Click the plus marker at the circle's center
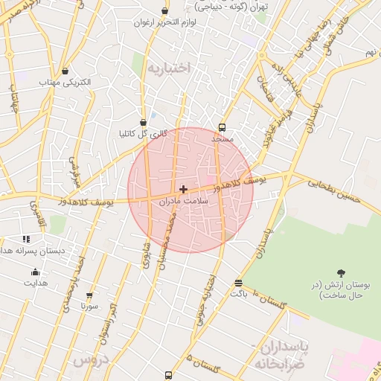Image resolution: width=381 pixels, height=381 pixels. point(183,190)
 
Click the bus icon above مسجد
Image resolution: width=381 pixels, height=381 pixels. point(222,127)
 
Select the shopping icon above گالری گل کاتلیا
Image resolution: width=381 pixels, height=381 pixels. point(143,123)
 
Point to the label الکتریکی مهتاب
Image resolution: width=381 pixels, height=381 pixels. point(66,83)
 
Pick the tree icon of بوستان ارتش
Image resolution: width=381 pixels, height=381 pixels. point(342,273)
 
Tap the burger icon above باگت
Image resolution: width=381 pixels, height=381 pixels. point(238,283)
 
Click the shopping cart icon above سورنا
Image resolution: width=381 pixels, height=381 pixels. point(90,295)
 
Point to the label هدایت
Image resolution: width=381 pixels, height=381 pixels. point(35,283)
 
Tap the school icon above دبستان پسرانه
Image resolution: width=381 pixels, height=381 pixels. point(26,240)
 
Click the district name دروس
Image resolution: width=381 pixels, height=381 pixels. point(91,360)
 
